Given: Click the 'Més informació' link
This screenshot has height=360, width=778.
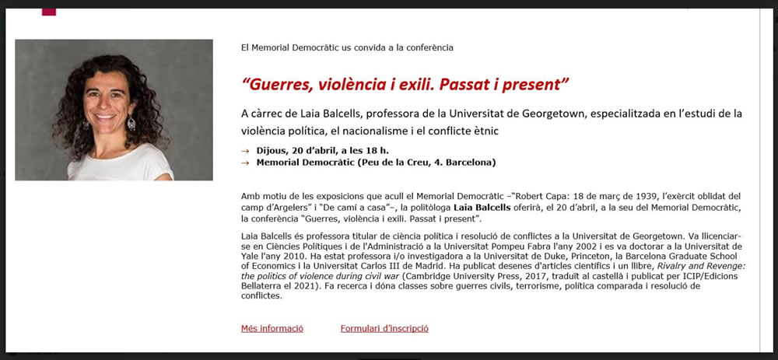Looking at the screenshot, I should (x=272, y=329).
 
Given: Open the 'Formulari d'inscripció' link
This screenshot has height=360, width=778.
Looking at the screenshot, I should (x=384, y=329).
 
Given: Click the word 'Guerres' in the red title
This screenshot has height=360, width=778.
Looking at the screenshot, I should (x=279, y=83).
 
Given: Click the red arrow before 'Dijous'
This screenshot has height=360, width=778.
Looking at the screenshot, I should (x=246, y=150).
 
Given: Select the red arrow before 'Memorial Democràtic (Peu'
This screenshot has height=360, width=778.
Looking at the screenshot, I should (x=246, y=163).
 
